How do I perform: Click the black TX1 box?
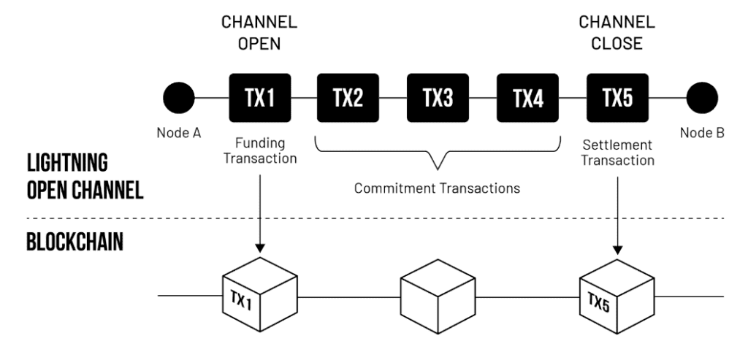(x=260, y=97)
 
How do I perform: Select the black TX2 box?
(x=348, y=97)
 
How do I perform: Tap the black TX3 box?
(x=438, y=97)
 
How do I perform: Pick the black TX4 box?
(x=527, y=97)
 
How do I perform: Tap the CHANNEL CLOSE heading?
(x=617, y=34)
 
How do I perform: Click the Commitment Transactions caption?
(x=437, y=188)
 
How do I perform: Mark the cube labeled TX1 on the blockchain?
(x=260, y=298)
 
